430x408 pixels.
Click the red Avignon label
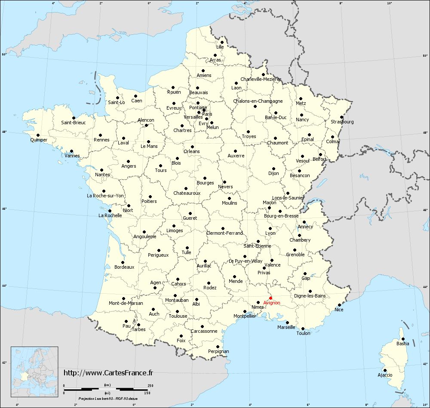point(272,303)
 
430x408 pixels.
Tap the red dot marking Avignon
point(270,298)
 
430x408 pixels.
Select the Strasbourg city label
point(342,122)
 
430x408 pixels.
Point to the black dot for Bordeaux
point(123,262)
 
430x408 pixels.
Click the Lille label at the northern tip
point(220,46)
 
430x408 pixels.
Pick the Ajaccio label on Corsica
point(385,375)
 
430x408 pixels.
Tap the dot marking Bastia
point(403,339)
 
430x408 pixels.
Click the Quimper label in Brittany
point(39,140)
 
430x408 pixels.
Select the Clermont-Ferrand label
point(225,233)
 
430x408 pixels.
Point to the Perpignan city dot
point(218,347)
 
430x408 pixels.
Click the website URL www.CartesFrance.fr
point(108,373)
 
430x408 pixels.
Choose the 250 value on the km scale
point(150,385)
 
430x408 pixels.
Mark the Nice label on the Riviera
point(339,310)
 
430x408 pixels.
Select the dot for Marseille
point(287,322)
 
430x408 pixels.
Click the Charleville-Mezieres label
point(261,79)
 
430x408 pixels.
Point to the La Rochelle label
point(110,215)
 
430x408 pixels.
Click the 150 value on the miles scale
point(147,393)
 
